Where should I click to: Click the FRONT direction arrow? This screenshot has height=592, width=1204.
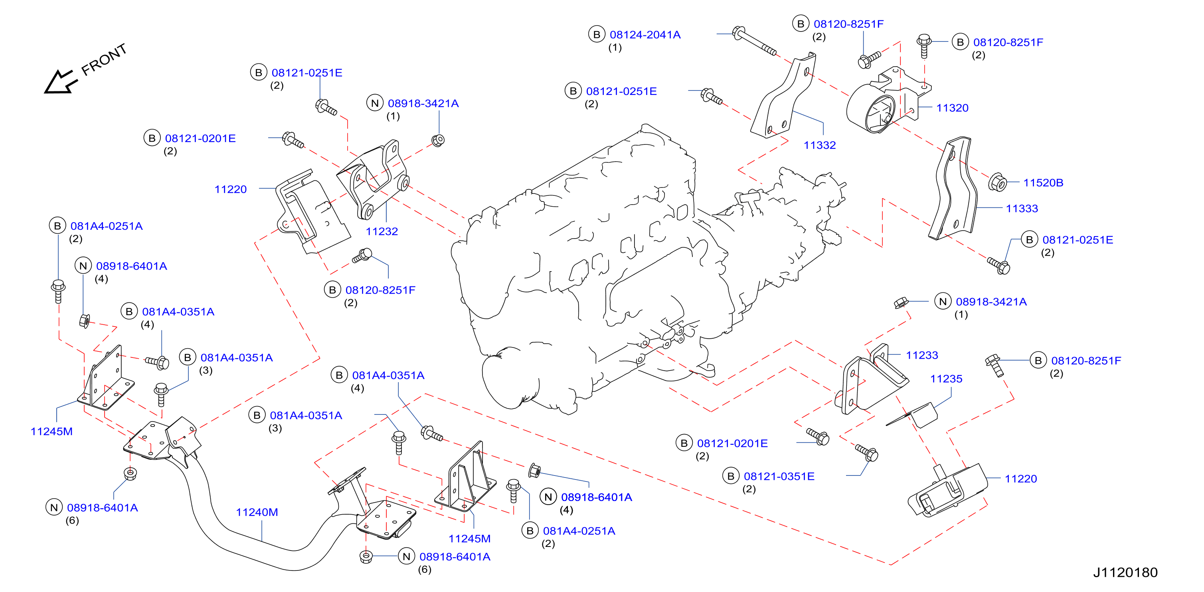coord(60,82)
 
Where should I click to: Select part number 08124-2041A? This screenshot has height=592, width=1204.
coord(645,35)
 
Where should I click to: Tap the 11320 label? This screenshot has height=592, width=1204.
coord(952,108)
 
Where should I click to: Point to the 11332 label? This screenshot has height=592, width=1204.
coord(819,145)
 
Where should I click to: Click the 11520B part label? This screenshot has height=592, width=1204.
coord(1043,183)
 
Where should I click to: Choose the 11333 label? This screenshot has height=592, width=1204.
coord(1022,208)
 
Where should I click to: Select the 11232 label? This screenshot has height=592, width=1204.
coord(382,231)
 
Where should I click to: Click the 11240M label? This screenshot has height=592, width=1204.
coord(257,512)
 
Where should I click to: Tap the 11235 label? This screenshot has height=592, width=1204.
coord(946,379)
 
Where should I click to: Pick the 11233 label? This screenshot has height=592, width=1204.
coord(922,355)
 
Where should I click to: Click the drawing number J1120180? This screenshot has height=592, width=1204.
coord(1125,572)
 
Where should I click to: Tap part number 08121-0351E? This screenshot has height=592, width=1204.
coord(779,476)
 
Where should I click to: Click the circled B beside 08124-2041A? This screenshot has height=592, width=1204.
coord(596,34)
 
